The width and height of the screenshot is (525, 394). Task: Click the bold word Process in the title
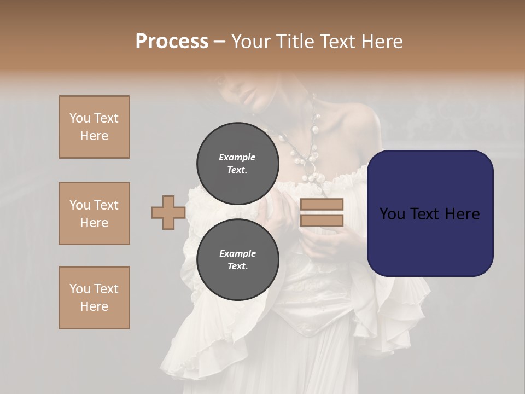coord(172,42)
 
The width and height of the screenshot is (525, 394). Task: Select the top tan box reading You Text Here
coord(94,127)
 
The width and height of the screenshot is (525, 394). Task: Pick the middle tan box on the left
coord(94,213)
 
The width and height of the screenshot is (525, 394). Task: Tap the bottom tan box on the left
coord(94,298)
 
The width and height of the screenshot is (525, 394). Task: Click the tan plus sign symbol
coord(168,212)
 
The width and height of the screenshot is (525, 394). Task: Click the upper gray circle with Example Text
coord(238,163)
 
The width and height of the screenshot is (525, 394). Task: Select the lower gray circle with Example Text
coord(238,260)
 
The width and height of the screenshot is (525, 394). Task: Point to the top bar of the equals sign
coord(322,204)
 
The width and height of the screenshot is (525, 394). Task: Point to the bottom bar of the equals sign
coord(322,221)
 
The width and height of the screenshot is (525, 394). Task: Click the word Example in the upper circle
coord(237,157)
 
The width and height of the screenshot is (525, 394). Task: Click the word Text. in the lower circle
coord(237,266)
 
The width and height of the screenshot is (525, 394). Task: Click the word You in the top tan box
coord(80,118)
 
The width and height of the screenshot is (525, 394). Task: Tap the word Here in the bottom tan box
coord(94,306)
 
